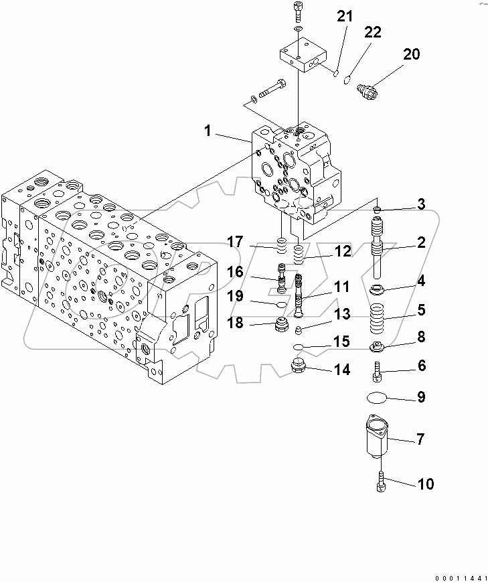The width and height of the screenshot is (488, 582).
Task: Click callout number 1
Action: click(x=208, y=131)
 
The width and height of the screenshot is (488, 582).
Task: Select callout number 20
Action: click(x=411, y=54)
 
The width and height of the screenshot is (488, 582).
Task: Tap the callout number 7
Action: click(x=420, y=439)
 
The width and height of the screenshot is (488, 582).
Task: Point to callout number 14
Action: click(x=342, y=369)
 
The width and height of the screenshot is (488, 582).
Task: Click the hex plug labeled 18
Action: click(x=276, y=328)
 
